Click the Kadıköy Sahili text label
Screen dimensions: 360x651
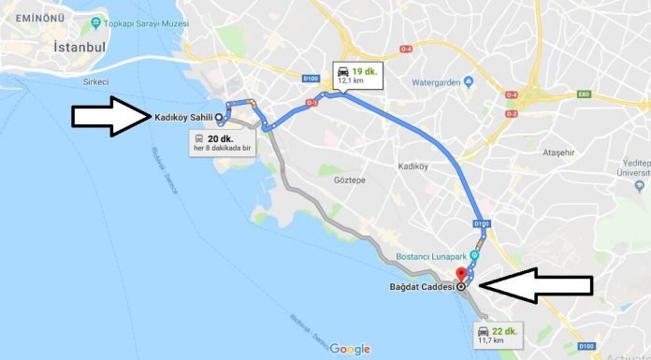183,117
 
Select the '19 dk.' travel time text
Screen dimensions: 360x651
365,70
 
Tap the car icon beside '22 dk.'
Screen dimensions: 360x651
483,331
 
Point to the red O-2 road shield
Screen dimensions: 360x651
512,113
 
